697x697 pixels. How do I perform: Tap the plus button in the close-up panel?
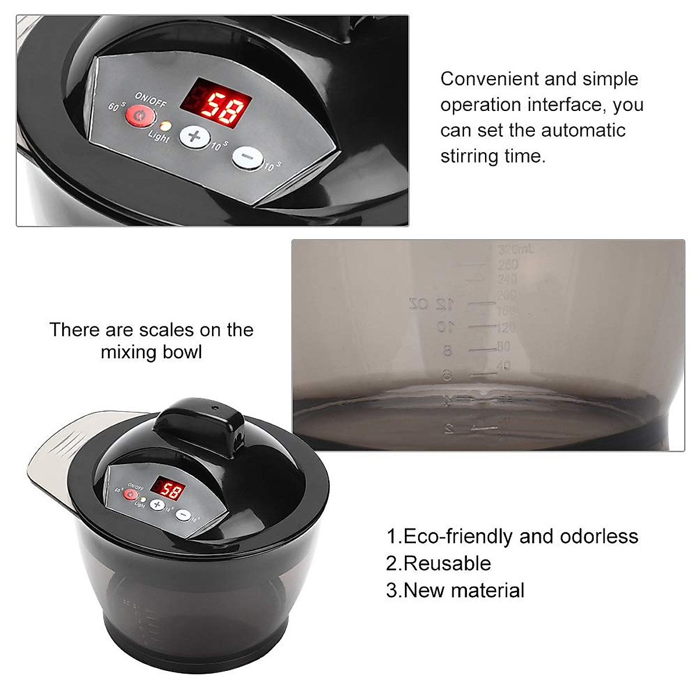tap(194, 137)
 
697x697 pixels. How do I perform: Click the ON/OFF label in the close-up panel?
tap(150, 99)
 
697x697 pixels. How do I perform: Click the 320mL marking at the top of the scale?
tap(516, 250)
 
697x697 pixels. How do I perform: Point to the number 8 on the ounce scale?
tap(447, 351)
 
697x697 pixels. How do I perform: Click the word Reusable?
tap(447, 563)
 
